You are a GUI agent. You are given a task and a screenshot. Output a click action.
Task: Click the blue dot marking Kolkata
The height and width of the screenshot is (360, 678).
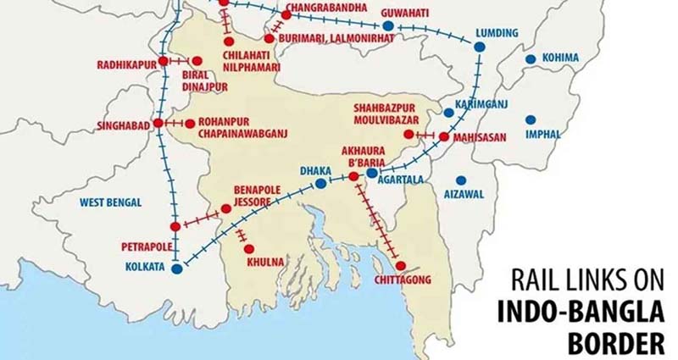[x=176, y=269]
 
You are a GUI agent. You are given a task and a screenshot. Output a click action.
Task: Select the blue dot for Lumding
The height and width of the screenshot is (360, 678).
[x=478, y=47]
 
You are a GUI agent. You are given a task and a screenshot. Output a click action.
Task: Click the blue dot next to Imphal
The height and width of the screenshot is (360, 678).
[x=531, y=120]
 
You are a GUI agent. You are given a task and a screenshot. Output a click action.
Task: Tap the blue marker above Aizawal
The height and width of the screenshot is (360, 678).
[x=460, y=180]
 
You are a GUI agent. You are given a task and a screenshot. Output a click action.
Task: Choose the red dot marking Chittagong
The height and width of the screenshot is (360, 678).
[x=400, y=265]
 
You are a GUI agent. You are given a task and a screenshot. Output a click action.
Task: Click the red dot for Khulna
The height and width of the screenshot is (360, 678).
[x=248, y=248]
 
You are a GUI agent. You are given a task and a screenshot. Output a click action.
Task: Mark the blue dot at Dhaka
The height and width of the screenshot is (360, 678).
[x=320, y=183]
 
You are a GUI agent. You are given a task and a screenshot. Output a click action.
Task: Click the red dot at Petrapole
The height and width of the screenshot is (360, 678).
[x=175, y=226]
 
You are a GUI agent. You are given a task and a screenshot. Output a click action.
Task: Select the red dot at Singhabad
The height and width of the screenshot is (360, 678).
[x=158, y=124]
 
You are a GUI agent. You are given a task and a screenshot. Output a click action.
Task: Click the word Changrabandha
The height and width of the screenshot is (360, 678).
[x=326, y=8]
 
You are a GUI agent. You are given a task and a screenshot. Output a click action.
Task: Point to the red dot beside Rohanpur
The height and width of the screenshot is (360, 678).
[x=190, y=124]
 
